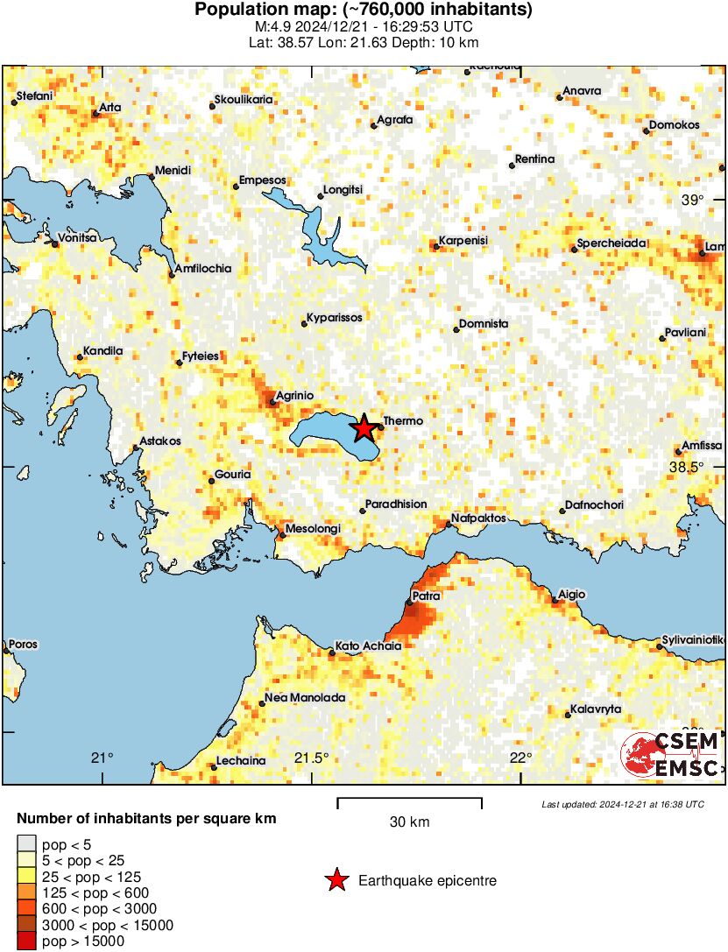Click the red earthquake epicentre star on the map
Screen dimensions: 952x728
pyautogui.click(x=364, y=428)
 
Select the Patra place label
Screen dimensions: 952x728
pyautogui.click(x=426, y=596)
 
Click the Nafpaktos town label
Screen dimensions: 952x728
pyautogui.click(x=479, y=518)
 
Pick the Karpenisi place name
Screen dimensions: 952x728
pyautogui.click(x=463, y=241)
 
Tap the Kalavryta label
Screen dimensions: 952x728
pyautogui.click(x=596, y=708)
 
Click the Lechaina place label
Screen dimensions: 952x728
pyautogui.click(x=240, y=760)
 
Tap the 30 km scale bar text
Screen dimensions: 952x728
pyautogui.click(x=409, y=822)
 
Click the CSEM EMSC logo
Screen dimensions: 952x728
pyautogui.click(x=671, y=755)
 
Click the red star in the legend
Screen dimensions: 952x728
pyautogui.click(x=336, y=880)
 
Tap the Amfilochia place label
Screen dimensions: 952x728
pyautogui.click(x=203, y=268)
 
